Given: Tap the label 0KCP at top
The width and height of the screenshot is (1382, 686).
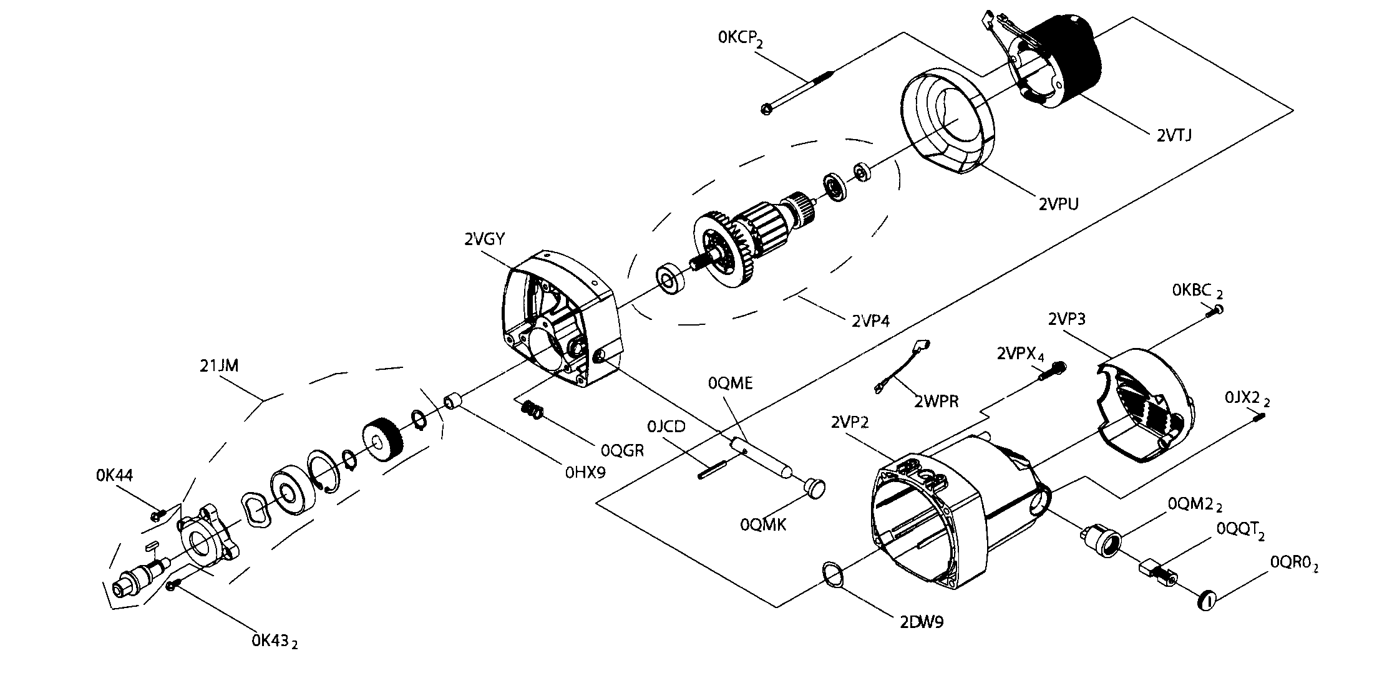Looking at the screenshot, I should pyautogui.click(x=740, y=38).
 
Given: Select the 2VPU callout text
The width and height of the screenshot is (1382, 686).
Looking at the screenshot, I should pyautogui.click(x=1058, y=204).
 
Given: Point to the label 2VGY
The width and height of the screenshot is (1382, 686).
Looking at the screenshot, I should pyautogui.click(x=484, y=239).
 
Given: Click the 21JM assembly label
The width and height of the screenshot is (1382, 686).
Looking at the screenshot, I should pyautogui.click(x=219, y=366).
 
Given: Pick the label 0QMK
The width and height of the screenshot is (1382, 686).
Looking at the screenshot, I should pyautogui.click(x=763, y=525).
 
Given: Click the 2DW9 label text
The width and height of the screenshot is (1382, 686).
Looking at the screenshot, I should pyautogui.click(x=922, y=622).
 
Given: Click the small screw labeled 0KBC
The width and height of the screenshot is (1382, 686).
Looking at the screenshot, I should pyautogui.click(x=1217, y=310).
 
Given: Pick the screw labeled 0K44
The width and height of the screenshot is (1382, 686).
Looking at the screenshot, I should pyautogui.click(x=157, y=515).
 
